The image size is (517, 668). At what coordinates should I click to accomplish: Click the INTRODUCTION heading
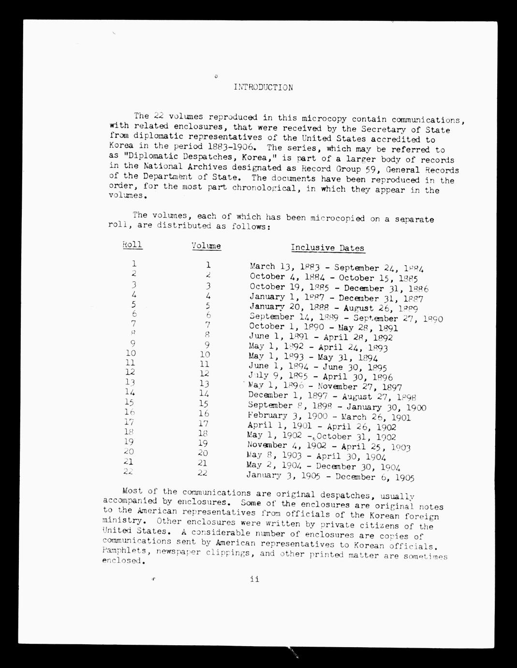(x=263, y=88)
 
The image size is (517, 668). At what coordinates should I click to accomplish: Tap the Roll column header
(x=132, y=244)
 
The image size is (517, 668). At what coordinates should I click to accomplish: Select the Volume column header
(x=206, y=246)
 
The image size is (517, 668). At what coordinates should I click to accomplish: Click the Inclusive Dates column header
(x=327, y=248)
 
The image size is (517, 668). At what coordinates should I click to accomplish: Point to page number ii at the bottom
(x=254, y=579)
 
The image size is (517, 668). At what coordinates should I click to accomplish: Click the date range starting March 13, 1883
(x=337, y=267)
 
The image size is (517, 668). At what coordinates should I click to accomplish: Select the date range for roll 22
(x=330, y=477)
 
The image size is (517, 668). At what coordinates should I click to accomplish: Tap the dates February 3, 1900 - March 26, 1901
(x=329, y=417)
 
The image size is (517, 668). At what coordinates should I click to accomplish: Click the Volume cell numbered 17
(x=204, y=425)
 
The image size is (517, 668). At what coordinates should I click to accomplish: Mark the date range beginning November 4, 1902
(x=328, y=446)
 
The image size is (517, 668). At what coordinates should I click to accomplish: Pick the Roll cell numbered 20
(x=129, y=452)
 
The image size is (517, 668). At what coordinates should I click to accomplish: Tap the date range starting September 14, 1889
(x=346, y=318)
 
